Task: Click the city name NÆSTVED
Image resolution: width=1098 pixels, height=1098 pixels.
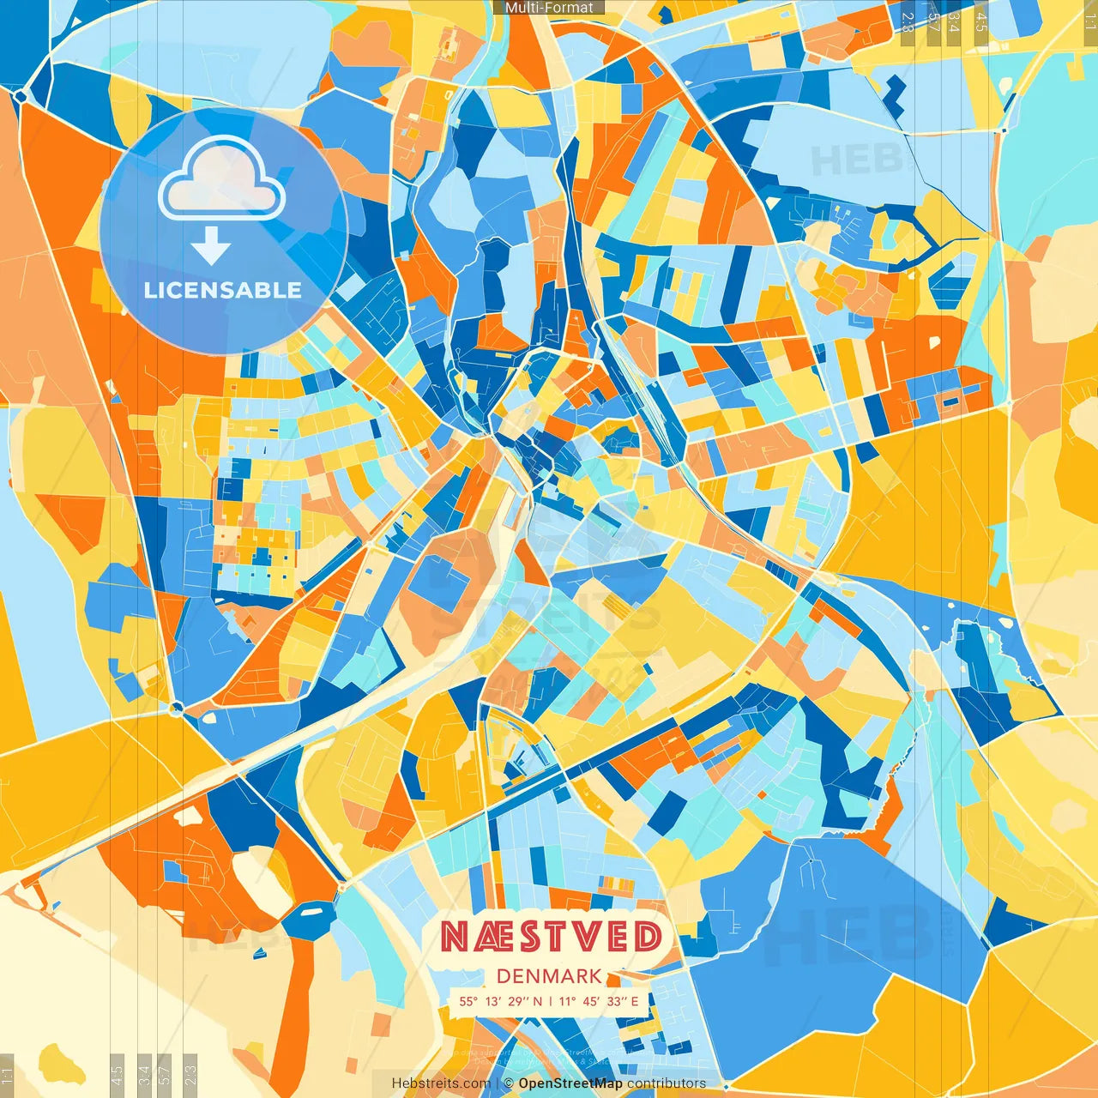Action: (x=551, y=938)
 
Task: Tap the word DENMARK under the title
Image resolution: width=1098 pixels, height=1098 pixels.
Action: (x=549, y=976)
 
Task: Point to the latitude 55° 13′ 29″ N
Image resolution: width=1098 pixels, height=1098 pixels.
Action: (x=501, y=1001)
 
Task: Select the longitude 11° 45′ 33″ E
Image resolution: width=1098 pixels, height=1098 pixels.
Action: (x=599, y=1001)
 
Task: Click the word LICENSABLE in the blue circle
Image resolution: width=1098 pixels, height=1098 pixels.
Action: (x=223, y=290)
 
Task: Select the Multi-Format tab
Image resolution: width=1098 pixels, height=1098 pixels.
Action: (x=549, y=8)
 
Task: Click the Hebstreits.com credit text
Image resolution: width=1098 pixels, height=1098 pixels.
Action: (x=441, y=1083)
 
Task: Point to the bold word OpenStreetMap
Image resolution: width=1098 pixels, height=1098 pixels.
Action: (x=570, y=1083)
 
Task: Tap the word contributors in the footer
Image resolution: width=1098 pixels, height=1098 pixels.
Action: (x=667, y=1083)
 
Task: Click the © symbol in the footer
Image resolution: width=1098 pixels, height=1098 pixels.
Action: (x=509, y=1083)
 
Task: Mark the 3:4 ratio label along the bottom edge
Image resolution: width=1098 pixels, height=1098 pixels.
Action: (x=144, y=1074)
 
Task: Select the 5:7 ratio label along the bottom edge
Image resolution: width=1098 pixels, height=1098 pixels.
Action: (x=166, y=1074)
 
